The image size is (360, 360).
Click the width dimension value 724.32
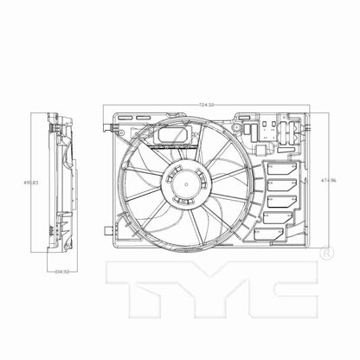pyautogui.click(x=206, y=105)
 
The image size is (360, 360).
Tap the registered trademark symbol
pyautogui.click(x=325, y=254)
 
